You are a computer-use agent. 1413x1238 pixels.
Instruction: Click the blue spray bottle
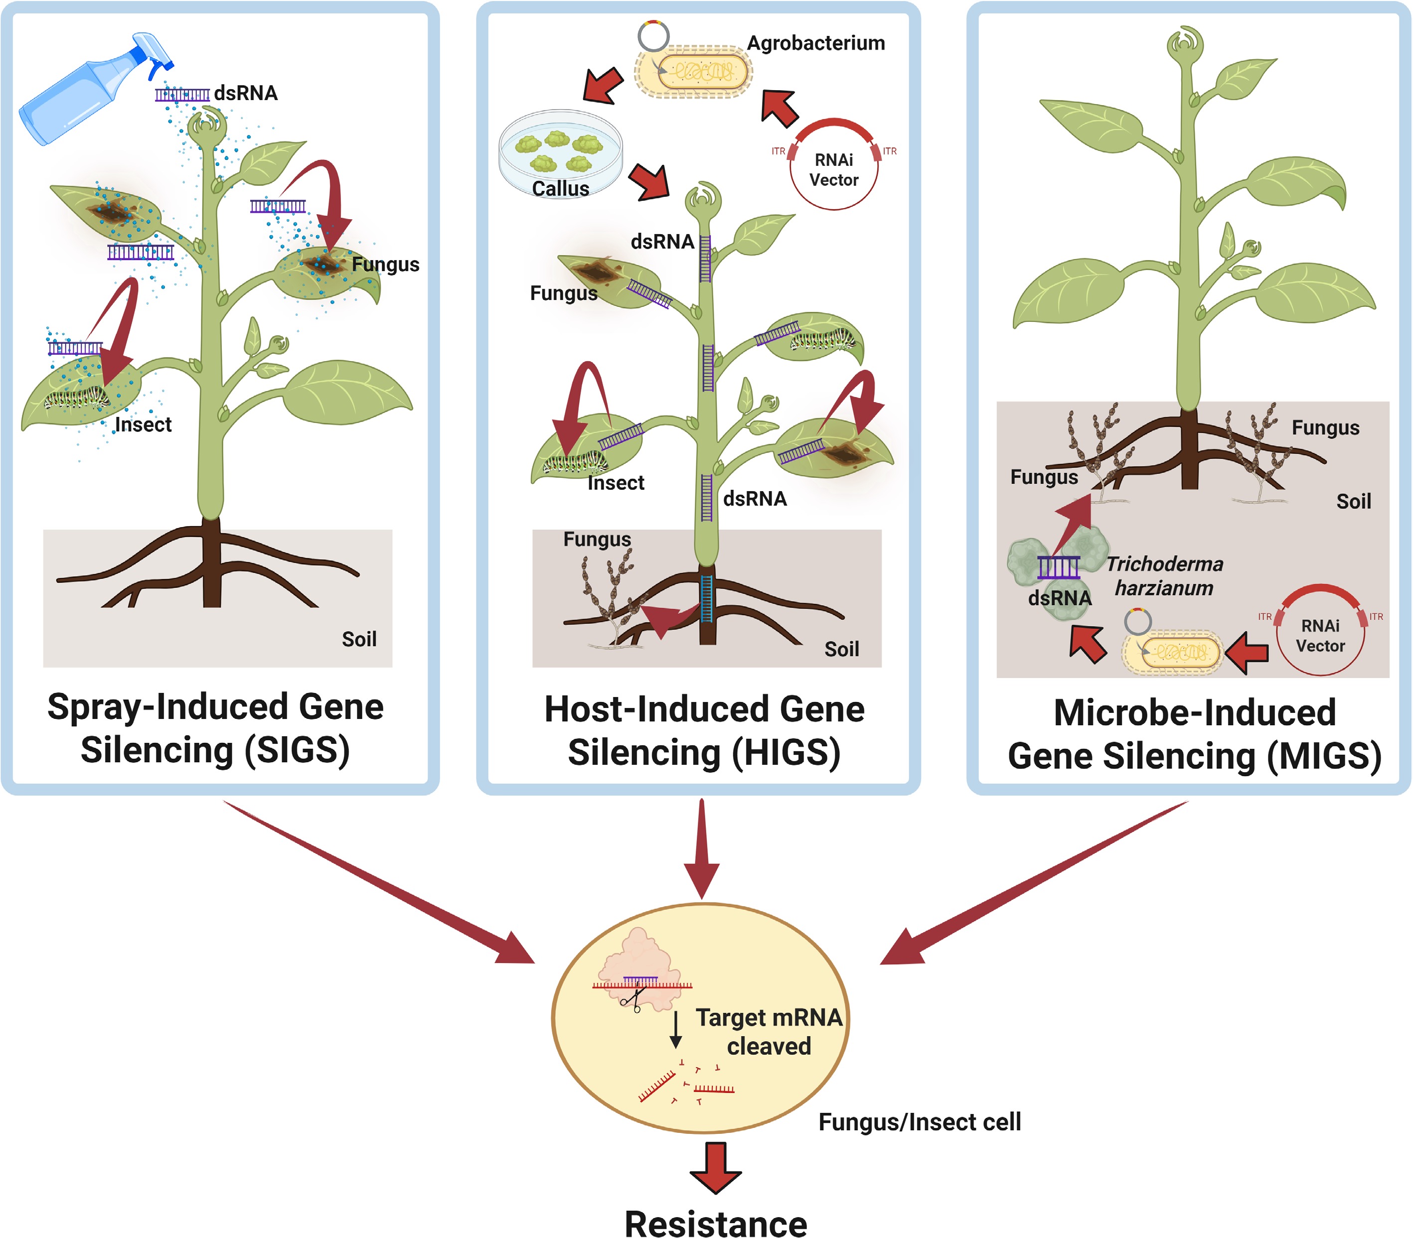83,93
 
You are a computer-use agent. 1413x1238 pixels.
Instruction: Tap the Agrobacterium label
816,43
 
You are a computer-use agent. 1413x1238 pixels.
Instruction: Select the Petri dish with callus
560,152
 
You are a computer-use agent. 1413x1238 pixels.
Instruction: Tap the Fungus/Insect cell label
920,1122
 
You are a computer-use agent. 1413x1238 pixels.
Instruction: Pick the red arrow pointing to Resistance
716,1168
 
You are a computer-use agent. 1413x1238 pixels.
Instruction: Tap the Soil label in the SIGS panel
359,639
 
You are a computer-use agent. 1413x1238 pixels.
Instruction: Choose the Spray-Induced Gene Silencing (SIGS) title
215,728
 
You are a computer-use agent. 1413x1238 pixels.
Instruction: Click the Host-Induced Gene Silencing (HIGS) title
704,730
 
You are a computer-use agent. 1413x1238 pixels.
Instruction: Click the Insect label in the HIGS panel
615,483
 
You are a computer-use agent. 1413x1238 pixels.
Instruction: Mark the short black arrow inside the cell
676,1029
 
